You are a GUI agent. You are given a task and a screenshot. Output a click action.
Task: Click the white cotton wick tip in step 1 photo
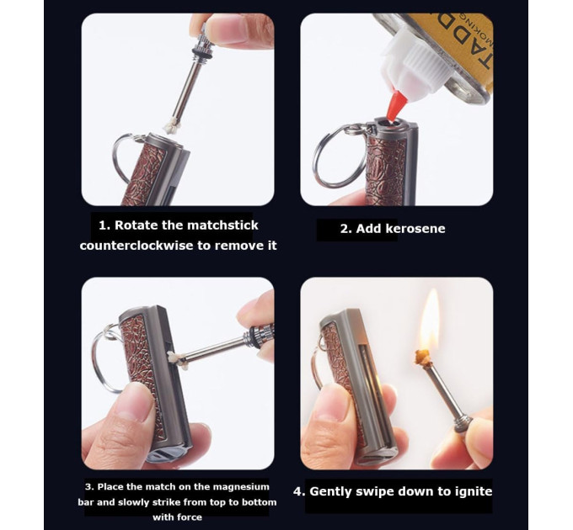pyautogui.click(x=171, y=127)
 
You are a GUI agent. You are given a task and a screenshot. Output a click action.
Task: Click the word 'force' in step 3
pyautogui.click(x=190, y=517)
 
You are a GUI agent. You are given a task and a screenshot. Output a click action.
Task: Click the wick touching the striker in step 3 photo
pyautogui.click(x=175, y=359)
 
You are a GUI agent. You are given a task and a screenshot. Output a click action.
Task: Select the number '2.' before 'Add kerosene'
pyautogui.click(x=345, y=229)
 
